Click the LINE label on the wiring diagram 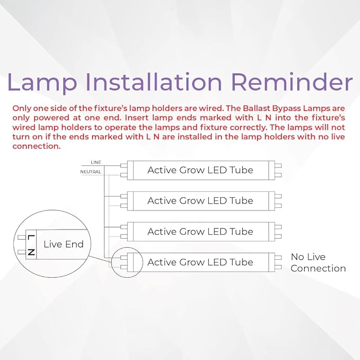[x=95, y=162]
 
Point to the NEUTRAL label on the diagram [x=91, y=172]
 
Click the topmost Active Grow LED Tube [x=200, y=170]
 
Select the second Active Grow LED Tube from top [x=200, y=201]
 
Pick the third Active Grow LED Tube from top [x=200, y=232]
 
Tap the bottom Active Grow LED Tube [x=200, y=262]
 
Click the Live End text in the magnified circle [x=64, y=244]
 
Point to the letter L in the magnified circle [x=31, y=237]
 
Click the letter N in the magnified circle [x=31, y=252]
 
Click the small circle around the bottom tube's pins [x=127, y=262]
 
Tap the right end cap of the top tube [x=277, y=170]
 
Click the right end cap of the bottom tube [x=277, y=262]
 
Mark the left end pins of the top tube [x=124, y=170]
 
